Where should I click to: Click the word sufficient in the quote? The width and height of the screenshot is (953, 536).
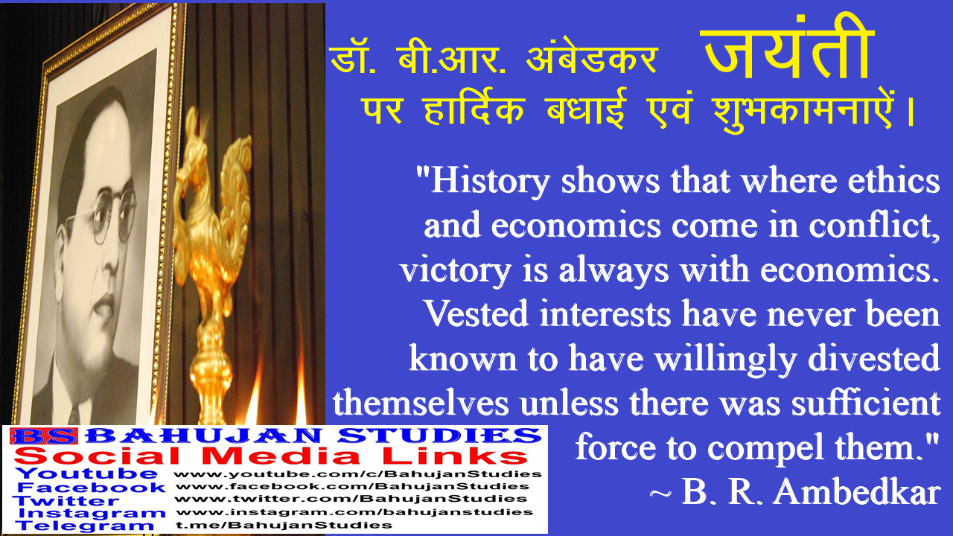865,403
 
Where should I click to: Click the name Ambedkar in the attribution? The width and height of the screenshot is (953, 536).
856,492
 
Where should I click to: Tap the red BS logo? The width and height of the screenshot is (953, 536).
44,436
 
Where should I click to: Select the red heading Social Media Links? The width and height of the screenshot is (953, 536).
271,456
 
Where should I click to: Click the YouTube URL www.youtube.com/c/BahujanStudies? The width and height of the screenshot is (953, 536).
358,474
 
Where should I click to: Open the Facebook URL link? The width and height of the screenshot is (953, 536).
352,486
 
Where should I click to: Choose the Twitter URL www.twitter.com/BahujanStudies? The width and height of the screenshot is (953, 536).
351,499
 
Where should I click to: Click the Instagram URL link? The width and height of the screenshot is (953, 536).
354,512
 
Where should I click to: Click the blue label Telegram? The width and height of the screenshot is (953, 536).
85,526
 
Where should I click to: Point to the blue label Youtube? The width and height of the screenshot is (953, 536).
86,473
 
